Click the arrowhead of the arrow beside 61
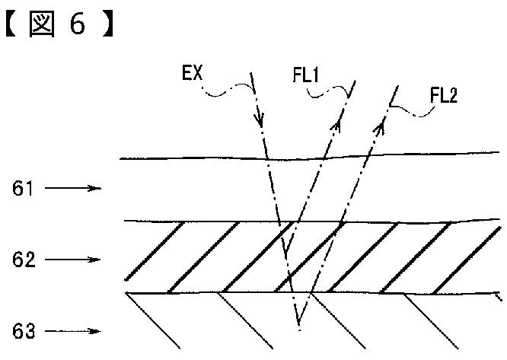pos(96,187)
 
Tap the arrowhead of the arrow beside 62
pos(96,260)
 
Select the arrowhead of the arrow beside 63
pos(96,331)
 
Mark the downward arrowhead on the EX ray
pos(259,119)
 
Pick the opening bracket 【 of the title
pos(11,25)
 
